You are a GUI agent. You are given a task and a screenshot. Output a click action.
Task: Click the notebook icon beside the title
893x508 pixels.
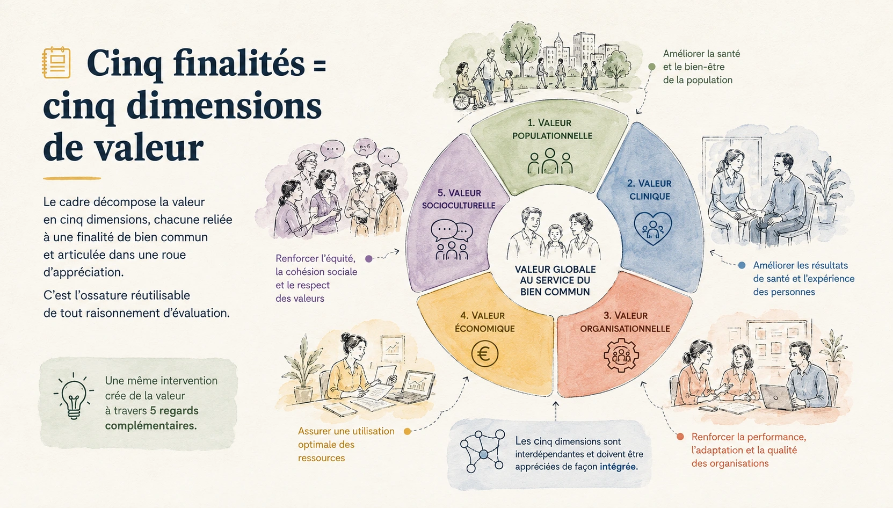[x=56, y=62]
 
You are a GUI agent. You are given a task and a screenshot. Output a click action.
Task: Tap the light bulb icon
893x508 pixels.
[x=74, y=396]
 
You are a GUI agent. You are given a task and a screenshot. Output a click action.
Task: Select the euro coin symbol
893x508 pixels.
[x=484, y=354]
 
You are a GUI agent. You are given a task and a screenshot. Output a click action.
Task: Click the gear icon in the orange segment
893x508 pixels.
[x=621, y=355]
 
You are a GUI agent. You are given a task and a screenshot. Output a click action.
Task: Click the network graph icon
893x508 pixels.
[x=483, y=451]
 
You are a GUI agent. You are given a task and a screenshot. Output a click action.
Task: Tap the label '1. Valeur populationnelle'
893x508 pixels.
[x=551, y=129]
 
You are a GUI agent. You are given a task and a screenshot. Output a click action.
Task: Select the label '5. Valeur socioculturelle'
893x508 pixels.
[x=459, y=199]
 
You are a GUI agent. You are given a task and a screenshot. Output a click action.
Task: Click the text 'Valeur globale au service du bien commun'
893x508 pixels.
[x=555, y=280]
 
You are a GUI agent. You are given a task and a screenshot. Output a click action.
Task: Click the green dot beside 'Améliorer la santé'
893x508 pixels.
[x=652, y=67]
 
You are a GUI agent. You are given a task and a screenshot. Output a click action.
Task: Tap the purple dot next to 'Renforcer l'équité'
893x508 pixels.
[x=369, y=259]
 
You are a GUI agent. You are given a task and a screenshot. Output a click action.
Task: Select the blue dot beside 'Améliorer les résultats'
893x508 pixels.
[x=742, y=265]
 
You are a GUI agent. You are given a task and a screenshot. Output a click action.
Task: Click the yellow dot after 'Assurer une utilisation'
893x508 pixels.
[x=408, y=431]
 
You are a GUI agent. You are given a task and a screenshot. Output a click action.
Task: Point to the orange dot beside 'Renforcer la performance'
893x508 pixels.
[x=680, y=437]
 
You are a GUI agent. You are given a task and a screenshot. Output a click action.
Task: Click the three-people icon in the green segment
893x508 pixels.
[x=550, y=161]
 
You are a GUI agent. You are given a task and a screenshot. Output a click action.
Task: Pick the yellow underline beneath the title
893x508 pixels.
[x=72, y=178]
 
